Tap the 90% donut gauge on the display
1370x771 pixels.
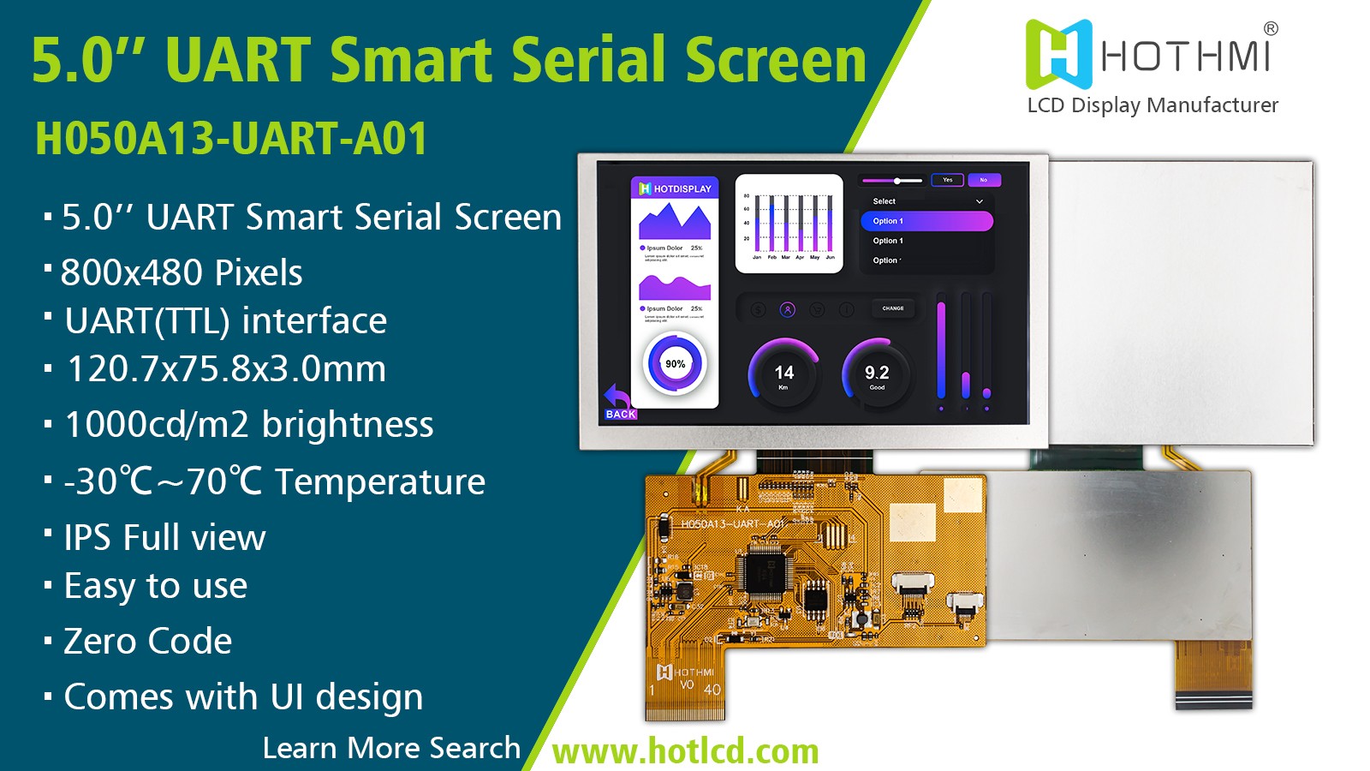[x=675, y=364]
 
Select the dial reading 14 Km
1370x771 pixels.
[x=783, y=374]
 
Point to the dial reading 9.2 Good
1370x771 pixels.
[x=877, y=374]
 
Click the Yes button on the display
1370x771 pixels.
[x=947, y=180]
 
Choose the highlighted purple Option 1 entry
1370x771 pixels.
[x=926, y=221]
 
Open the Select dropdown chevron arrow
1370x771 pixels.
[x=980, y=201]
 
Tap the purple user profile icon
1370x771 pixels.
[x=788, y=309]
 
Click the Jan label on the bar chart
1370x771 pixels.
[x=757, y=257]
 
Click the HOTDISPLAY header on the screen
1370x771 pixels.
[x=676, y=188]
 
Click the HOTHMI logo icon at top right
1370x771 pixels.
[x=1058, y=54]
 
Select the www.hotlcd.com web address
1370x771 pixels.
[x=685, y=751]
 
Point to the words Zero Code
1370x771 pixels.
[x=148, y=642]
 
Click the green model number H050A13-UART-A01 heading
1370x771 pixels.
[x=231, y=139]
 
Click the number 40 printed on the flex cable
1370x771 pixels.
[x=712, y=690]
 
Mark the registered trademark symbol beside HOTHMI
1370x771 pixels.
[x=1271, y=28]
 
